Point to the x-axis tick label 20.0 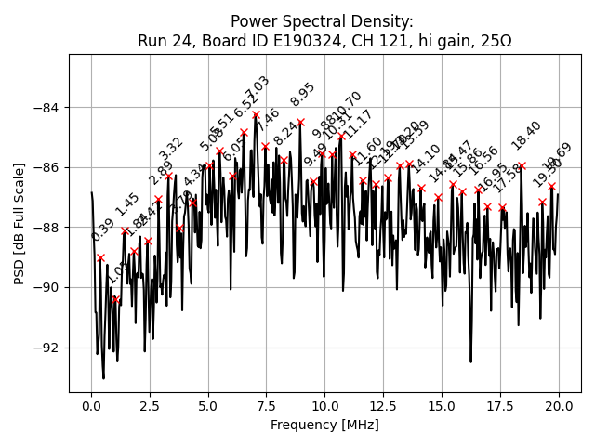point(559,406)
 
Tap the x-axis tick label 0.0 point(91,406)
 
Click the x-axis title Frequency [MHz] point(324,425)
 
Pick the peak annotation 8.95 point(303,96)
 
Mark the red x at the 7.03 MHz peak point(256,115)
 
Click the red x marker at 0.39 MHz point(100,257)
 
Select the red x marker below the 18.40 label point(522,165)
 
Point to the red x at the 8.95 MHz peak point(300,122)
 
